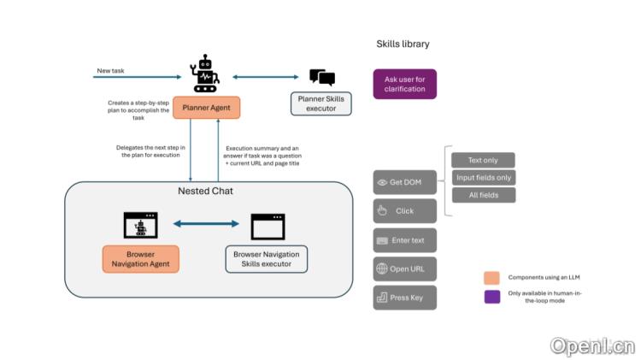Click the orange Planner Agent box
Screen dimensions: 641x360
207,108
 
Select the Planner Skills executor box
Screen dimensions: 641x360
320,103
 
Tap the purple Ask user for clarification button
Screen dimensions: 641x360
405,84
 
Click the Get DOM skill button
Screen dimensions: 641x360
405,182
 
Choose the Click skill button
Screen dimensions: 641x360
405,210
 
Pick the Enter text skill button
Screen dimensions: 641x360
405,240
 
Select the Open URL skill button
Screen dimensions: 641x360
405,269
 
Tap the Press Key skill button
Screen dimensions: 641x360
405,298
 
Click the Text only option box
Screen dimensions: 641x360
483,160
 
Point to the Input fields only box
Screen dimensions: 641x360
484,178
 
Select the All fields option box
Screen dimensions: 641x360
484,195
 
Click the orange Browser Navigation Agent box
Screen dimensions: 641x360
141,259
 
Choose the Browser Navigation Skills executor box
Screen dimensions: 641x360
267,259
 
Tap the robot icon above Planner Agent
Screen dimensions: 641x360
205,74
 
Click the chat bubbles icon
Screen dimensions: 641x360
322,77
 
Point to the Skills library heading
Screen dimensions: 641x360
403,44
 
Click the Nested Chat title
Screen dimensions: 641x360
205,191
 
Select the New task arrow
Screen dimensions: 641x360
138,77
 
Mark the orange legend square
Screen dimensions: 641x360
491,278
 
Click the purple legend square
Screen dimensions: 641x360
492,297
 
